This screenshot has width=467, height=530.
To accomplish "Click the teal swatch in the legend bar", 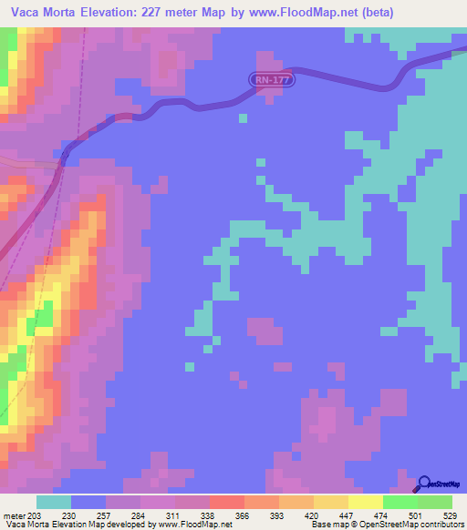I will (54, 503).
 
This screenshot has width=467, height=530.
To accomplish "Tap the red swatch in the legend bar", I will (227, 503).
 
